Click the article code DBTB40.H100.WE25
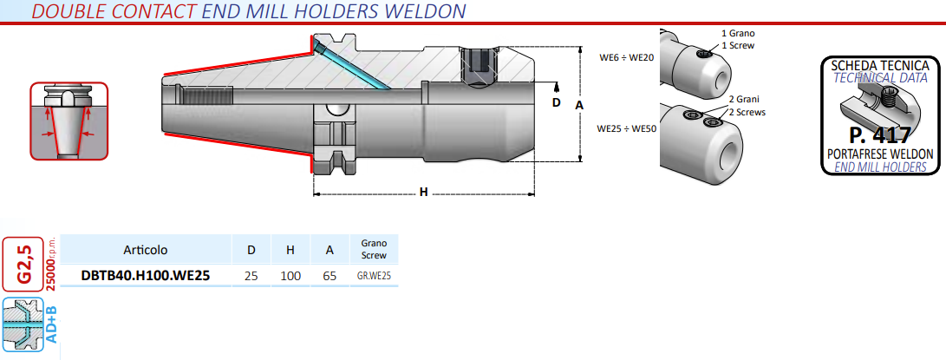pyautogui.click(x=145, y=276)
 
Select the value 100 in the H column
pyautogui.click(x=291, y=276)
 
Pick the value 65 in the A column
pyautogui.click(x=329, y=276)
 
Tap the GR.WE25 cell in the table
pyautogui.click(x=375, y=276)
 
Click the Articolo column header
pyautogui.click(x=145, y=250)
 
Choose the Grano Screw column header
pyautogui.click(x=374, y=250)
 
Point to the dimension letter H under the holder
pyautogui.click(x=423, y=192)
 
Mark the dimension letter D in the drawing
pyautogui.click(x=557, y=102)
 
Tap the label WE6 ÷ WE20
pyautogui.click(x=627, y=57)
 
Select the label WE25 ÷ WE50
pyautogui.click(x=626, y=128)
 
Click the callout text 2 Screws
pyautogui.click(x=747, y=113)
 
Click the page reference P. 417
pyautogui.click(x=879, y=135)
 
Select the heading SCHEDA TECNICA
pyautogui.click(x=880, y=66)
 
